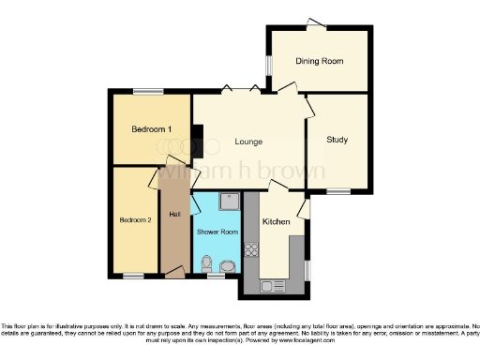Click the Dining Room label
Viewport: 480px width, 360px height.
[319, 61]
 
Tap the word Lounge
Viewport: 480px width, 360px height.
[248, 142]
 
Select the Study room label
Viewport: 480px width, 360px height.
[337, 141]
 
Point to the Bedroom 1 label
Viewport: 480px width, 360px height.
[151, 128]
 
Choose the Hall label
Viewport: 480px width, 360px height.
[174, 215]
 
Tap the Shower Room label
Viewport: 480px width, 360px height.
[217, 232]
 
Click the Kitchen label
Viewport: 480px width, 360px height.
[276, 222]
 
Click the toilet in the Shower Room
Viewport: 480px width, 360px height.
[207, 262]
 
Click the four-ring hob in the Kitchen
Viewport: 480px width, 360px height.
[251, 249]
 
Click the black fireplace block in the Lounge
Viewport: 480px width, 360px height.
[197, 141]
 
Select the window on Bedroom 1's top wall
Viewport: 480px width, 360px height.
[147, 91]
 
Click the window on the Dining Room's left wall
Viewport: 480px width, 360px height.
[268, 67]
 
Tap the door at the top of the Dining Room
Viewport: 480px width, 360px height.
[317, 22]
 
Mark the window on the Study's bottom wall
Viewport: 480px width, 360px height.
[337, 190]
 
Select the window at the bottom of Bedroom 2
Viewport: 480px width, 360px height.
[134, 276]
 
